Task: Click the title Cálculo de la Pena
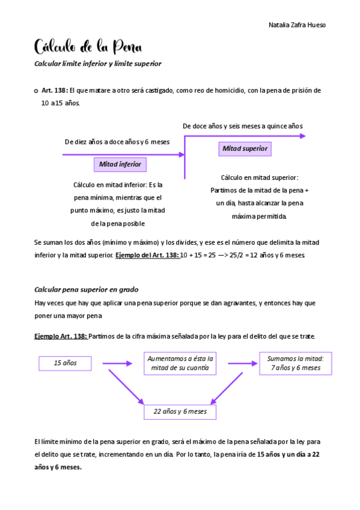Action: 87,46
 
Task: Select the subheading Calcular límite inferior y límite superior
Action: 97,63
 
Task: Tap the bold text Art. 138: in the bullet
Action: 55,90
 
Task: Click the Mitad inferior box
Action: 120,164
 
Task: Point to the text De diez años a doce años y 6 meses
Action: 117,141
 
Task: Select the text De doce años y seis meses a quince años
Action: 242,126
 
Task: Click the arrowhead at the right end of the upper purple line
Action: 302,136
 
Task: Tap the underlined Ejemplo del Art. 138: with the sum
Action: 147,255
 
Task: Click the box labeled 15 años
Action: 66,363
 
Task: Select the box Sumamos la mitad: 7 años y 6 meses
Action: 295,363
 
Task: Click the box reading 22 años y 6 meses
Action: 180,411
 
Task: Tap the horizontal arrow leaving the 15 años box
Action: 117,363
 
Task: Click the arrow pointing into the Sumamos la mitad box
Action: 242,363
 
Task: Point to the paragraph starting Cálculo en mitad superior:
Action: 259,197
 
